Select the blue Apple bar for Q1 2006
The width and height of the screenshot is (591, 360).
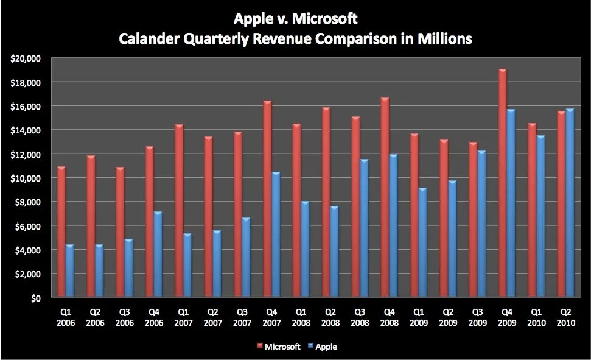(x=69, y=272)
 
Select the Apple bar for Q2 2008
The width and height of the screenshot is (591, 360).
(x=334, y=252)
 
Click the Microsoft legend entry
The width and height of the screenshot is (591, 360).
(x=278, y=347)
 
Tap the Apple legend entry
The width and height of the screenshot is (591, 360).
(x=322, y=347)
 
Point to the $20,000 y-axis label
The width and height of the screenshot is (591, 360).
(x=25, y=58)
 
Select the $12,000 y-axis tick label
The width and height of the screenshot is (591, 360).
(x=25, y=155)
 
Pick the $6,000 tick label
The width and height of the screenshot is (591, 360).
(x=27, y=227)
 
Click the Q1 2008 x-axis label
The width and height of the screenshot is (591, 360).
(x=301, y=318)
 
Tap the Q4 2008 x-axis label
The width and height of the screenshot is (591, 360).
(x=390, y=318)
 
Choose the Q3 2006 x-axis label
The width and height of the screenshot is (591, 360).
(x=124, y=318)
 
